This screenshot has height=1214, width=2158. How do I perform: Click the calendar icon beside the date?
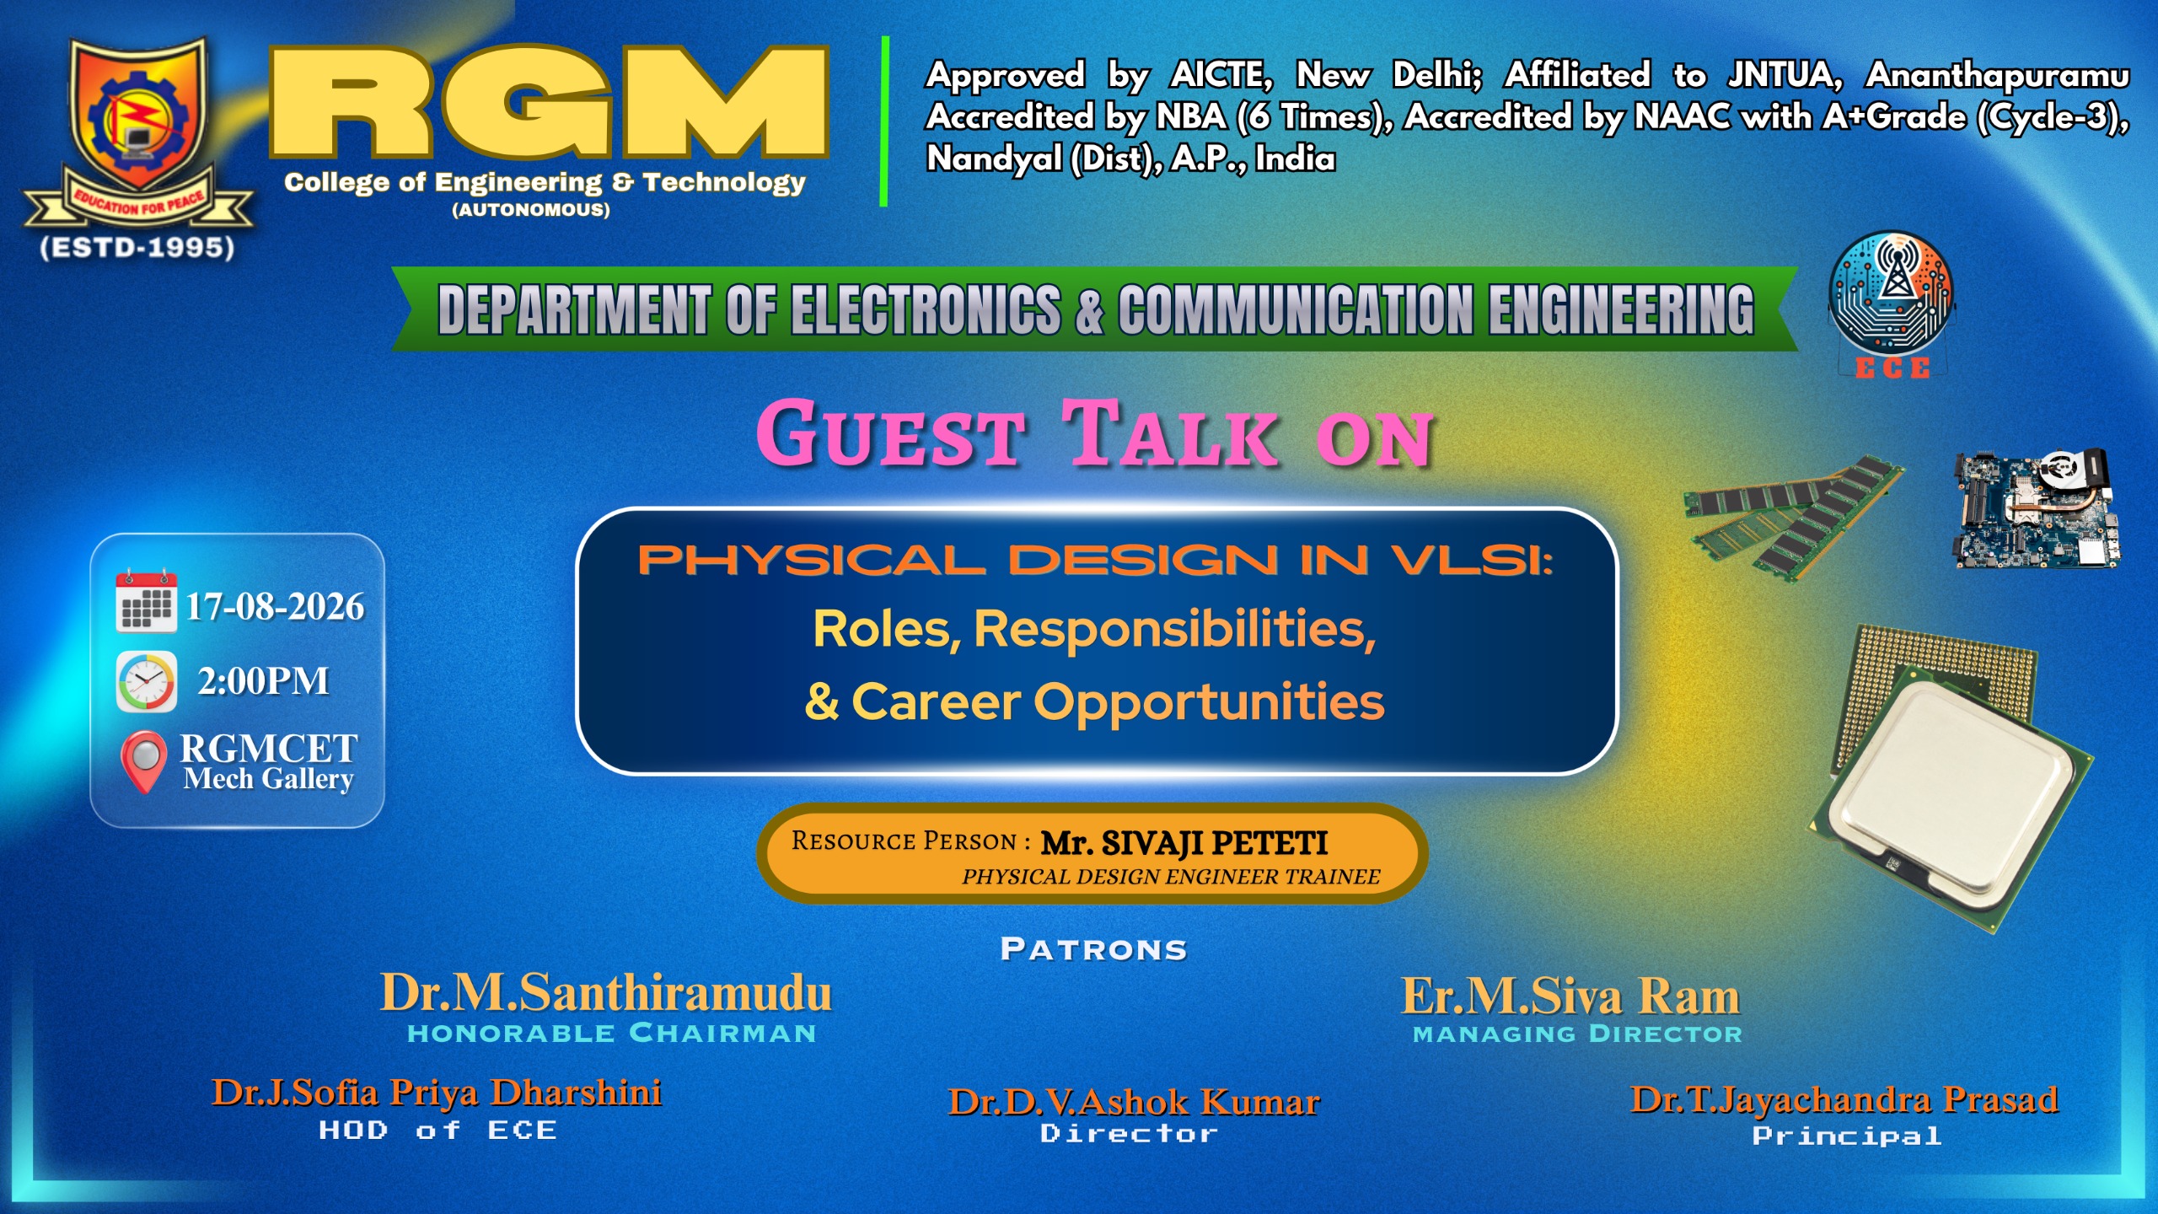pyautogui.click(x=147, y=601)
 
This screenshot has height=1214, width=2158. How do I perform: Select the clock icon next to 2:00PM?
pyautogui.click(x=147, y=681)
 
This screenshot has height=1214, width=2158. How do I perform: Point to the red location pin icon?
pyautogui.click(x=144, y=761)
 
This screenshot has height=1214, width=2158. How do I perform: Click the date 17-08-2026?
pyautogui.click(x=275, y=607)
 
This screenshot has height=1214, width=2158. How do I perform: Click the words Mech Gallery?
pyautogui.click(x=268, y=779)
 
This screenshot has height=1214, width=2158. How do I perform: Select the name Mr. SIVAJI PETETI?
pyautogui.click(x=1184, y=842)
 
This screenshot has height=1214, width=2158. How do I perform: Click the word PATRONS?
pyautogui.click(x=1094, y=949)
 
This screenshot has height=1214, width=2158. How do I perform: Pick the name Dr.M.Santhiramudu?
pyautogui.click(x=606, y=992)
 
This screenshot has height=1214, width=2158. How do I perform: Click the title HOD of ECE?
pyautogui.click(x=438, y=1131)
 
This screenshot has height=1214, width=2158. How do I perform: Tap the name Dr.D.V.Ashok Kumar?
pyautogui.click(x=1134, y=1102)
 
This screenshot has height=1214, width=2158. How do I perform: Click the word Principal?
pyautogui.click(x=1847, y=1136)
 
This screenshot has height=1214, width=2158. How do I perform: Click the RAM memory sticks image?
pyautogui.click(x=1792, y=516)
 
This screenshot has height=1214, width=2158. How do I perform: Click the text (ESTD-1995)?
pyautogui.click(x=137, y=248)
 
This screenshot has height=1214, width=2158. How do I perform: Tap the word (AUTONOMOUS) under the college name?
pyautogui.click(x=531, y=210)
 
